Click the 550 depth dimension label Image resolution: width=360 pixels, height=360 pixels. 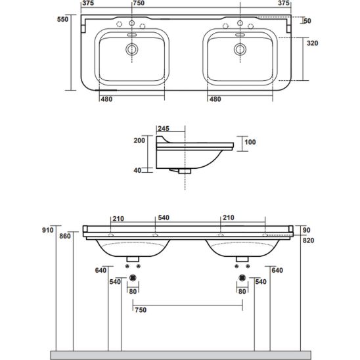pos(62,19)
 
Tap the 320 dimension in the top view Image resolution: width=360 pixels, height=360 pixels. pos(313,43)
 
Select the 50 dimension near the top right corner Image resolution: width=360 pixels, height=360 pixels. pos(307,21)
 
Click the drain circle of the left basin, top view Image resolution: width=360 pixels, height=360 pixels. pos(132,49)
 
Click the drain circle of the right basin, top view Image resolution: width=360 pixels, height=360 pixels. pos(240,49)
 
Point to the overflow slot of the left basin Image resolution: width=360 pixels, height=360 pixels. pos(132,35)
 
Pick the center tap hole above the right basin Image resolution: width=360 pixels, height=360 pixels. pos(240,23)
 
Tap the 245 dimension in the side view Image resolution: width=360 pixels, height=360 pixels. pos(164,129)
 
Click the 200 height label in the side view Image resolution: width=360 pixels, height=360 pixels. pos(139,141)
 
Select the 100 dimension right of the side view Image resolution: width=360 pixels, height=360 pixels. pos(250,142)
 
